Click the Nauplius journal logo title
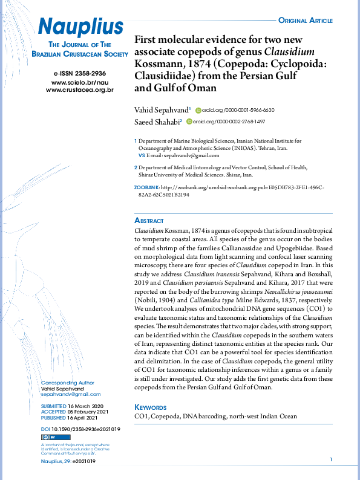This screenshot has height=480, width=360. point(80,26)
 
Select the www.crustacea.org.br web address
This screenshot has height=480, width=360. point(80,89)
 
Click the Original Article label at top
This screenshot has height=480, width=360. point(305,21)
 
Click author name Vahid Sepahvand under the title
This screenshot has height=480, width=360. point(162,109)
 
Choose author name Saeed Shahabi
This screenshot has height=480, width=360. point(158,122)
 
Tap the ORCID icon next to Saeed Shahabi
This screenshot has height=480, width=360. point(189,122)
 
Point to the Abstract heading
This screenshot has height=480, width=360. point(149,221)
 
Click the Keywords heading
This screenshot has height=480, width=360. point(150,407)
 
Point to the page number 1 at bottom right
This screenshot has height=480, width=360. point(331,460)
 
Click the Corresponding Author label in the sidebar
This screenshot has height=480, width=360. point(67,383)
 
